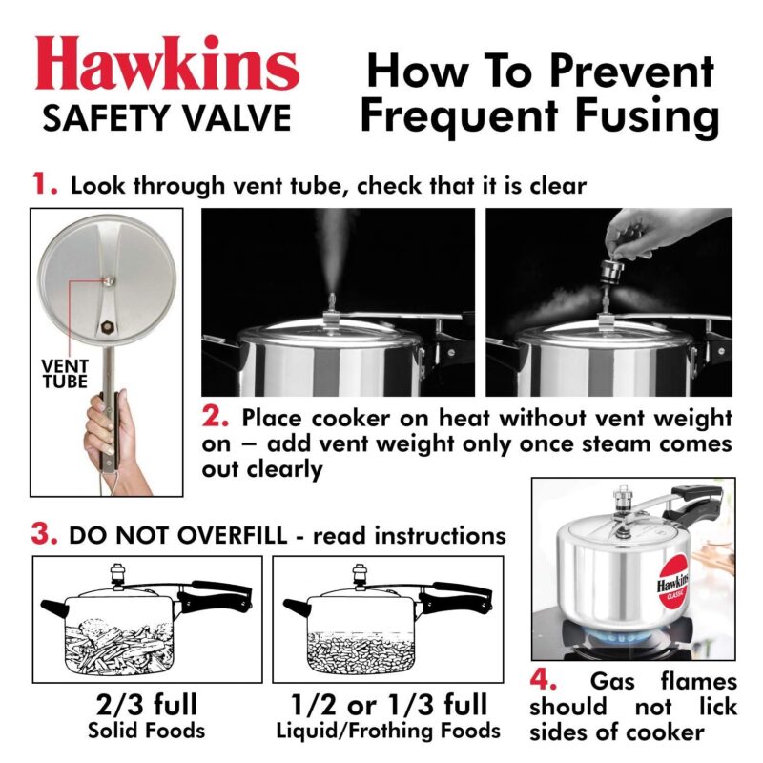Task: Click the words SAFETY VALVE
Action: tap(167, 118)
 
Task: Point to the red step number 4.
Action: tap(545, 683)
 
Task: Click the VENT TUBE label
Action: tap(64, 373)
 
